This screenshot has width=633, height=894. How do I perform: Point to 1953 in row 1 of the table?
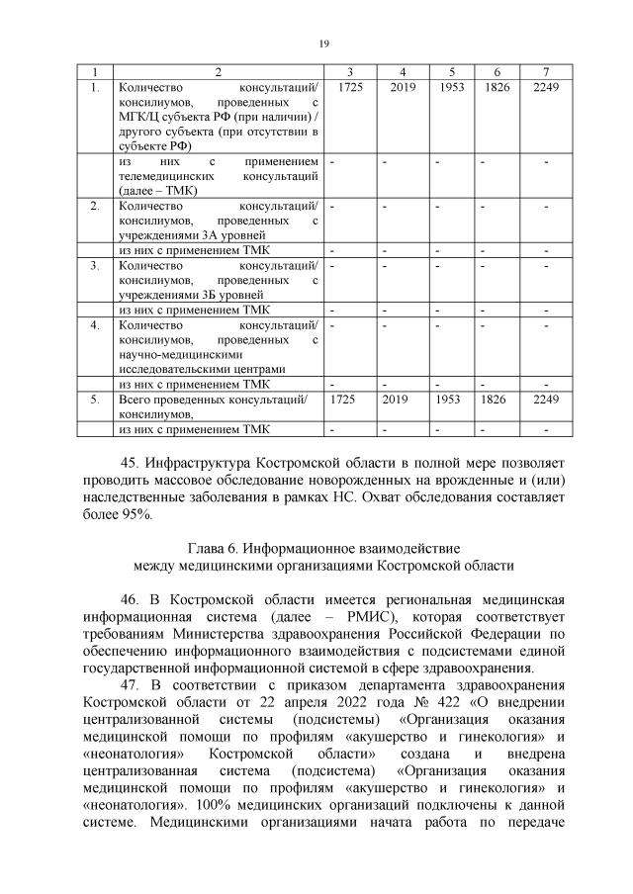click(451, 89)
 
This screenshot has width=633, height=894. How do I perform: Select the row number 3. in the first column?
click(95, 265)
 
